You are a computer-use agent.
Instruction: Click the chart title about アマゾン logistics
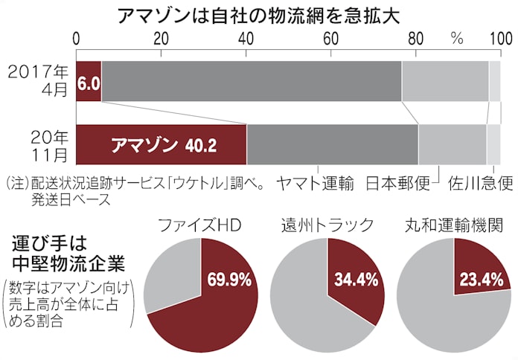(259, 16)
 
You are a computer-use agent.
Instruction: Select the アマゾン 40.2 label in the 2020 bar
(163, 144)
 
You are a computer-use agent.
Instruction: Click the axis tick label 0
(77, 38)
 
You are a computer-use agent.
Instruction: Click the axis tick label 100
(499, 38)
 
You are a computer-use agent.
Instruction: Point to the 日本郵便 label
(398, 183)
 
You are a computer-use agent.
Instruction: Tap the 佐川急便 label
(480, 183)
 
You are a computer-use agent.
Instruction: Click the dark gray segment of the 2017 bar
(251, 81)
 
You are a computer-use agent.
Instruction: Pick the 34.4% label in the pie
(354, 281)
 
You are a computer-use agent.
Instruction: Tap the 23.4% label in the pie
(483, 280)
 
